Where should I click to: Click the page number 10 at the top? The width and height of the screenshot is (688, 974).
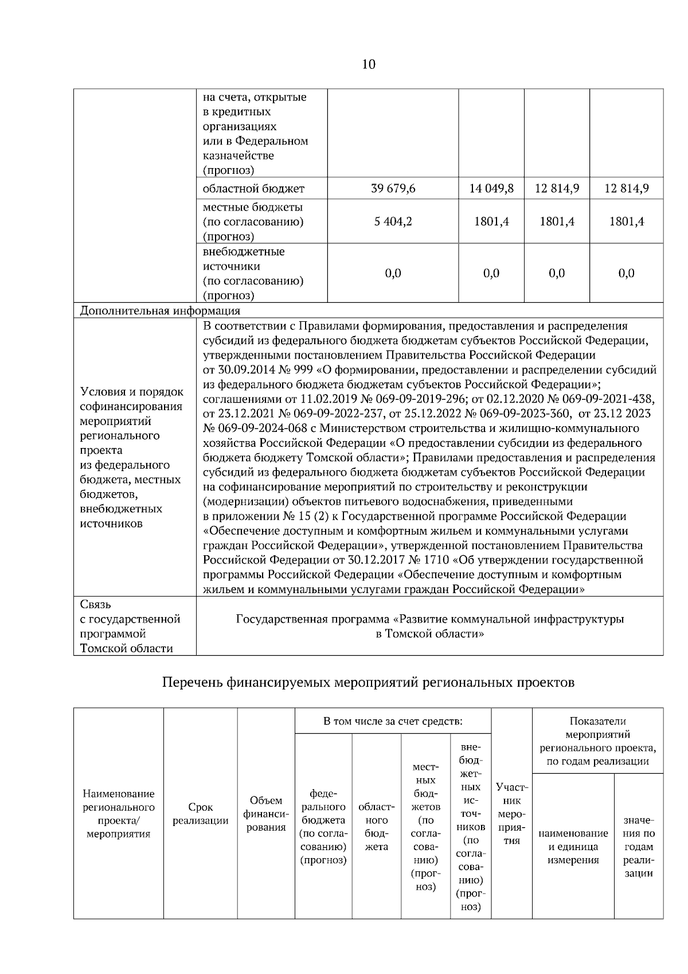pos(369,64)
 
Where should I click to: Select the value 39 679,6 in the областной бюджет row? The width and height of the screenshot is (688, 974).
pos(393,189)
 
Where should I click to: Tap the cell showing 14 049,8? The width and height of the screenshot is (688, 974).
pos(491,189)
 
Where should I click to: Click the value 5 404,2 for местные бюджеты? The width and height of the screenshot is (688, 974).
pos(393,222)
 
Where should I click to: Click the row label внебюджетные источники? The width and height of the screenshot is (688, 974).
pos(252,273)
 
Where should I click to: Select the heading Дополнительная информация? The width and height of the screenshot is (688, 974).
pos(160,311)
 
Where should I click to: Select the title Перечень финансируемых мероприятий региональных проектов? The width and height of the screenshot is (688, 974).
pos(368,683)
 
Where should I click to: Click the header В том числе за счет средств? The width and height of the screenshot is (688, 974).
pos(393,721)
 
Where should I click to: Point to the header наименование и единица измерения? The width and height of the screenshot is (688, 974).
pos(573,847)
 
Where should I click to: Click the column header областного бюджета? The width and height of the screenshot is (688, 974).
pos(376,827)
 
